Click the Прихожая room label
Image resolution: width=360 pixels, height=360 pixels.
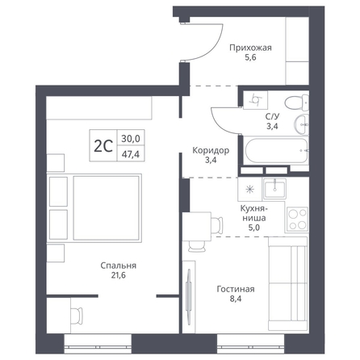[250, 48]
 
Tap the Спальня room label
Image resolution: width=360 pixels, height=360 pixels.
[119, 266]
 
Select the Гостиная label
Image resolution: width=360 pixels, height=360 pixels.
[236, 289]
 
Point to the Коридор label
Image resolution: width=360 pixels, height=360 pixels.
[211, 150]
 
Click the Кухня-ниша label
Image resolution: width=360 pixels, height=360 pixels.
[254, 213]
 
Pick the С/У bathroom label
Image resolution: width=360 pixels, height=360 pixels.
[272, 116]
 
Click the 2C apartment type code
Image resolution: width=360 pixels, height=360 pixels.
[103, 147]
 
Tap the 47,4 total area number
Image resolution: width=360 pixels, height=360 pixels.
[131, 154]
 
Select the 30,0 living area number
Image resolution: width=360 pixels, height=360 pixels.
[131, 139]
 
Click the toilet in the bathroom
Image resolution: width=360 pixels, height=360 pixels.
[296, 103]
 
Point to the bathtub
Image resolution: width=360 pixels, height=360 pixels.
[276, 150]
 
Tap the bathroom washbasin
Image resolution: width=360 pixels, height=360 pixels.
[301, 124]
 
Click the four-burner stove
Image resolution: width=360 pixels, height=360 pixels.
[297, 220]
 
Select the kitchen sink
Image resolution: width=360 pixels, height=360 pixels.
[274, 189]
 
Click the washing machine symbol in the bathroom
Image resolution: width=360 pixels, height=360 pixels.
[255, 100]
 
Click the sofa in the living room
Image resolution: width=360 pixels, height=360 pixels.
[288, 284]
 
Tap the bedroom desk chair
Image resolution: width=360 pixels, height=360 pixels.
[77, 316]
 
